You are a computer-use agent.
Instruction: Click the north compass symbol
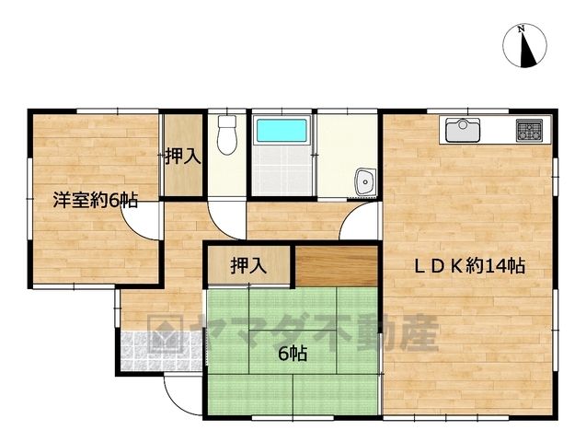coord(524,46)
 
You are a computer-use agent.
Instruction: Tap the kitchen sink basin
coord(463,130)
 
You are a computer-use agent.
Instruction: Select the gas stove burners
coord(529,131)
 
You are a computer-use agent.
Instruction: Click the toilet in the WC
coord(227,135)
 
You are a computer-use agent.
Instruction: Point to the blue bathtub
coord(282,130)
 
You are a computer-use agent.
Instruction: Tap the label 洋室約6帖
coord(95,200)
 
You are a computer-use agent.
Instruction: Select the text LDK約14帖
coord(470,266)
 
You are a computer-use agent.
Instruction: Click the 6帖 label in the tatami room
coord(293,354)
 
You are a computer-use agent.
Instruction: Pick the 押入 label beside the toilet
coord(183,157)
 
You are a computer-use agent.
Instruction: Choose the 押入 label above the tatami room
coord(248,265)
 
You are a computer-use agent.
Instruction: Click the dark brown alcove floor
coord(337,266)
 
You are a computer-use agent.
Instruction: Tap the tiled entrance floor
coord(162,351)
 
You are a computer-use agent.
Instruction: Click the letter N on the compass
coord(521,29)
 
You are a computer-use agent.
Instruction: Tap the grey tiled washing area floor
coord(282,170)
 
